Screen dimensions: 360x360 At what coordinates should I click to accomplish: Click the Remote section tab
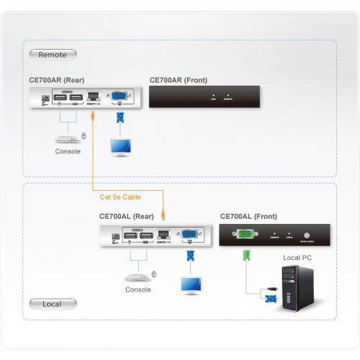(x=53, y=53)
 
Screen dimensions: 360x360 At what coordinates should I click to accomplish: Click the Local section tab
(x=52, y=304)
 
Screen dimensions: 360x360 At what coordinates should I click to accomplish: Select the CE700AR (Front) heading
(x=179, y=80)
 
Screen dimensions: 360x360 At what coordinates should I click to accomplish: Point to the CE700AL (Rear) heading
(x=127, y=216)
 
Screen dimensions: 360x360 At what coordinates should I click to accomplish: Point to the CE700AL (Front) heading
(x=248, y=216)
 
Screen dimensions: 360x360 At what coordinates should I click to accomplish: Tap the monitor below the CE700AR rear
(x=120, y=145)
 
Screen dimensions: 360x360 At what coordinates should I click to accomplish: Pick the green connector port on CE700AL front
(x=246, y=233)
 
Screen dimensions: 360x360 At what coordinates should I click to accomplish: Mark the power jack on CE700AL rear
(x=115, y=236)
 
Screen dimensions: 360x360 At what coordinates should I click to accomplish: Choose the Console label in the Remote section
(x=68, y=152)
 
